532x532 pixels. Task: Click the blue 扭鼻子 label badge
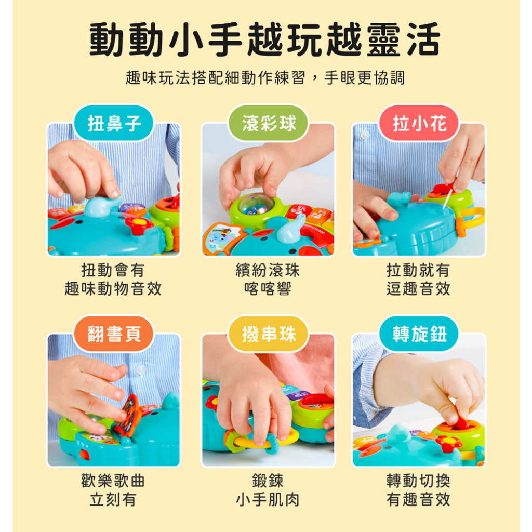(x=114, y=123)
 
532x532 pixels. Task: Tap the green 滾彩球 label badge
(x=268, y=123)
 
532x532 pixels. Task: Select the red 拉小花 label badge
(x=419, y=123)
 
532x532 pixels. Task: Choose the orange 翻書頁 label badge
(x=114, y=334)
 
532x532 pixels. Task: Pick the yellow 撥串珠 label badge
(x=268, y=334)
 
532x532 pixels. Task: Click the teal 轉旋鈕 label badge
(x=419, y=334)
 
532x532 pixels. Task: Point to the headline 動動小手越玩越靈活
(x=265, y=39)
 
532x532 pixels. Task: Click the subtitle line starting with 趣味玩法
(x=265, y=78)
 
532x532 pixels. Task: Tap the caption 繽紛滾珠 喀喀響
(x=268, y=280)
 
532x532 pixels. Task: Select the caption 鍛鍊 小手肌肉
(x=268, y=490)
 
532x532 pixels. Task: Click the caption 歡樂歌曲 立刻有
(x=113, y=490)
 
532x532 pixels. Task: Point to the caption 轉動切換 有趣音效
(x=418, y=490)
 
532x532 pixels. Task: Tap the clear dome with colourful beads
(x=252, y=205)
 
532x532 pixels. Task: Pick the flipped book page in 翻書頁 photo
(x=126, y=415)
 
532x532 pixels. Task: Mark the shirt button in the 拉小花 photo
(x=365, y=135)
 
